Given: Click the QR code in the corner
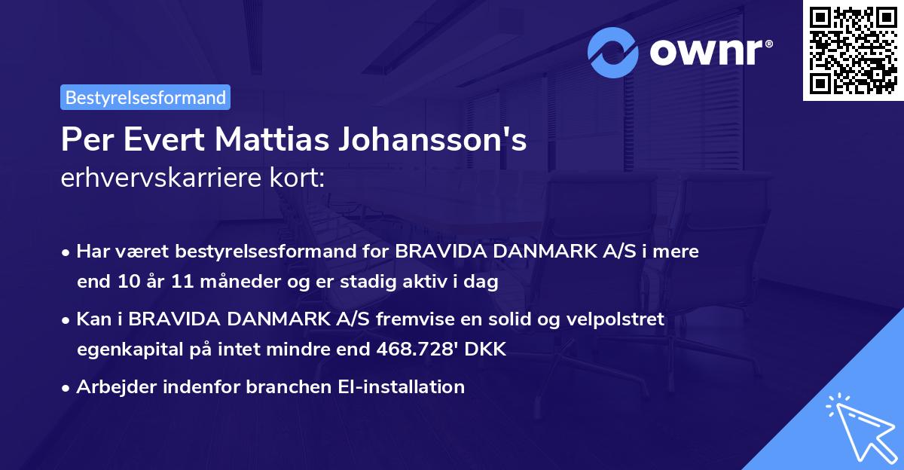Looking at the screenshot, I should click(x=853, y=50).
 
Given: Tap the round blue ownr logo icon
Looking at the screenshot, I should click(x=613, y=52).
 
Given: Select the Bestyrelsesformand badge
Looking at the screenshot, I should click(x=145, y=97).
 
